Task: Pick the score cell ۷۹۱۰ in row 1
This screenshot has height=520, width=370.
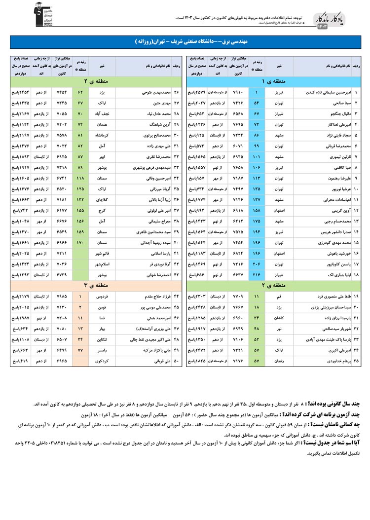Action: point(239,92)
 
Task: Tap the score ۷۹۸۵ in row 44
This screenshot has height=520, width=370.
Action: point(62,296)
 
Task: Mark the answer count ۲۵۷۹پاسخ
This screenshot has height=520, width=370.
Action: point(199,92)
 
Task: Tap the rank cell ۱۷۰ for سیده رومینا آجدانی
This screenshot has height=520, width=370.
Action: point(80,242)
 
